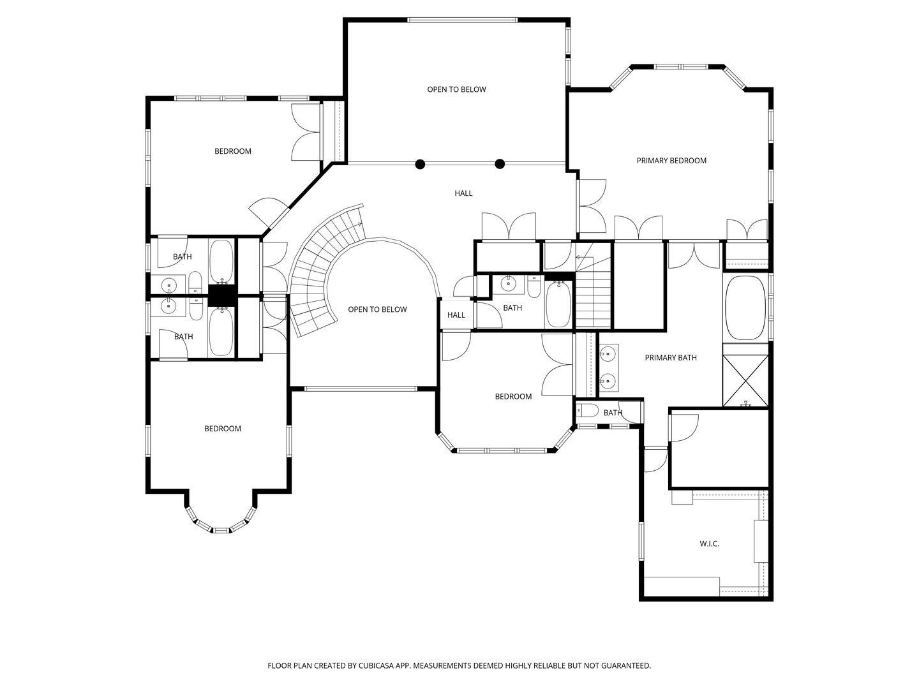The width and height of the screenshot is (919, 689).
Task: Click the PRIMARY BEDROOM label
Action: point(671,161)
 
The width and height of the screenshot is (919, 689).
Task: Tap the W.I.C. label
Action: point(709,544)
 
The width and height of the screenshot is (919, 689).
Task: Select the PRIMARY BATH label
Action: point(671,358)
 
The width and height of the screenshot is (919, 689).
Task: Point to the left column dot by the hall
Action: point(420,165)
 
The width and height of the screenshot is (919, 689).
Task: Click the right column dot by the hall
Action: point(500,165)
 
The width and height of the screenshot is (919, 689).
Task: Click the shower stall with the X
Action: point(745,381)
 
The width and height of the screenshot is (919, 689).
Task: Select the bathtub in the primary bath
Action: point(745,308)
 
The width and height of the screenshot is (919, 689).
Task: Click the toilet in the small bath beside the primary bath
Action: point(587,411)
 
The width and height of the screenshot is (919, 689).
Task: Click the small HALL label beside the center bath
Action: point(456,315)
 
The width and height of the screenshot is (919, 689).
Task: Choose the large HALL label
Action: point(463,193)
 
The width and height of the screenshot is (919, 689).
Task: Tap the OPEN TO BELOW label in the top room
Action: point(456,89)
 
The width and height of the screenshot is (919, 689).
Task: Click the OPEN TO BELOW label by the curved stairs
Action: point(377,309)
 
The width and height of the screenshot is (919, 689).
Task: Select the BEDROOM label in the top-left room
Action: point(233,151)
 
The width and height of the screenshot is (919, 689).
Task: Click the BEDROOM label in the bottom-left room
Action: point(222,429)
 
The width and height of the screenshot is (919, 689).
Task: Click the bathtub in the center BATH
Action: point(558,304)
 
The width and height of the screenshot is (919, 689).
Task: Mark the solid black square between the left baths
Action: point(221,295)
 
